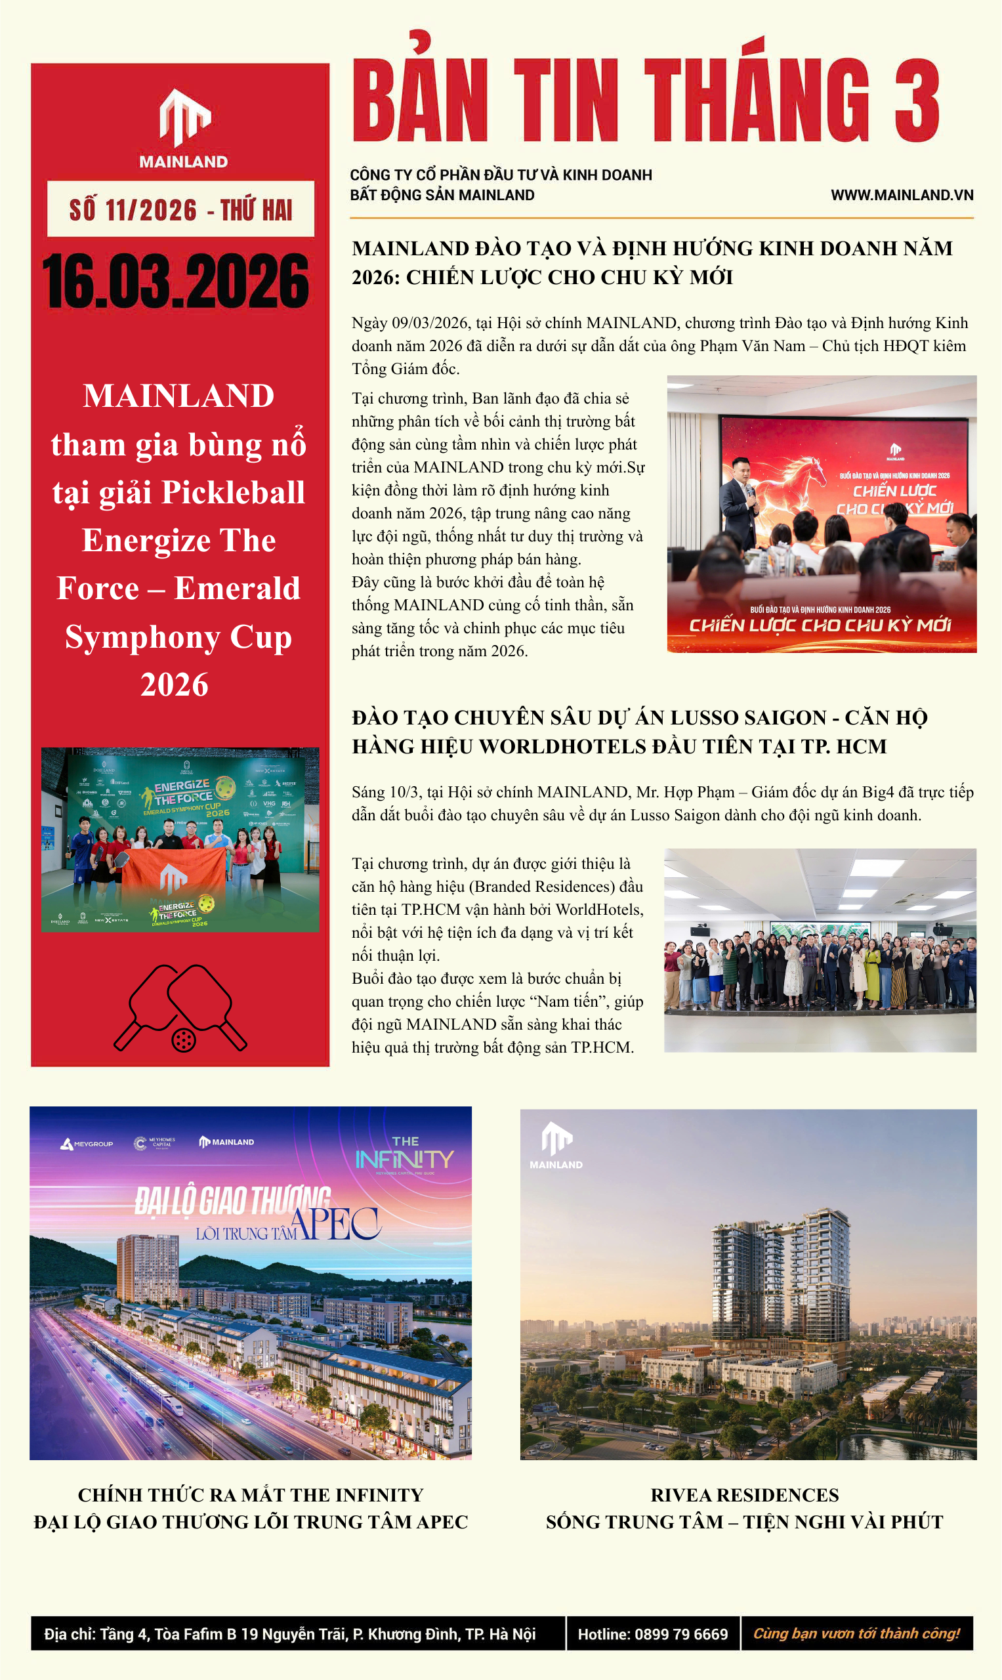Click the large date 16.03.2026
pos(176,281)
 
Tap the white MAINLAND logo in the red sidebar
pos(184,128)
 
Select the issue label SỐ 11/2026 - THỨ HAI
pos(180,209)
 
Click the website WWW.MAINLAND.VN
pos(902,195)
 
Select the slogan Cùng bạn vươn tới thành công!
pos(856,1633)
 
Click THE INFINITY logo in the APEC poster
pos(404,1156)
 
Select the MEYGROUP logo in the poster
pos(87,1144)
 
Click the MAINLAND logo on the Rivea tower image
pos(556,1145)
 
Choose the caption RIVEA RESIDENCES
pos(744,1495)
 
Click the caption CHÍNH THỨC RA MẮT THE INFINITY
pos(251,1495)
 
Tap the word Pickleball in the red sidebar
pos(233,492)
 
